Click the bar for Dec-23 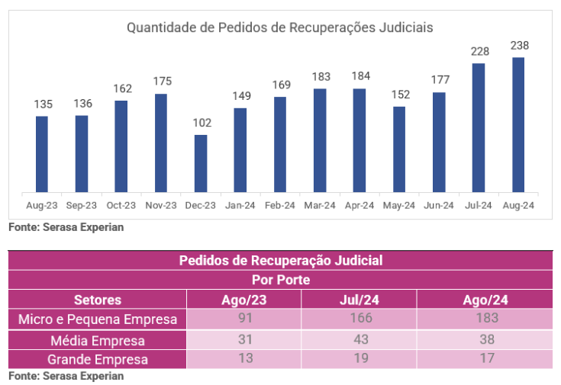(201, 163)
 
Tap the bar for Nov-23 (161, 143)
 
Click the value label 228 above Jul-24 (479, 52)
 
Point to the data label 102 (201, 123)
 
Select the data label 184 (359, 76)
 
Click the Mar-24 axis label (320, 205)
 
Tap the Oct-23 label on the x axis (121, 205)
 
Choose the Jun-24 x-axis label (439, 205)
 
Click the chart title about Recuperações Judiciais (280, 27)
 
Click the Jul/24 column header (359, 300)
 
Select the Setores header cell (97, 300)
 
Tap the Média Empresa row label (97, 340)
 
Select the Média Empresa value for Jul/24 (359, 340)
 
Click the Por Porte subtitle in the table (280, 280)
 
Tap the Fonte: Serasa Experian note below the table (66, 376)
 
